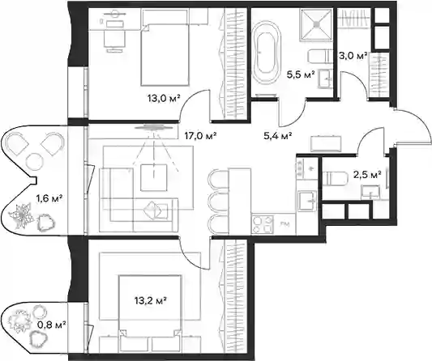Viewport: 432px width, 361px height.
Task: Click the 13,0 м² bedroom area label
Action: (x=164, y=98)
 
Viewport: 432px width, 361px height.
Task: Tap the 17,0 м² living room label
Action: (x=200, y=135)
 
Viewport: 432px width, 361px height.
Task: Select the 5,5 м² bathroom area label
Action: (x=301, y=74)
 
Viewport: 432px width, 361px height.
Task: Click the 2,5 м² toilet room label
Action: (x=368, y=174)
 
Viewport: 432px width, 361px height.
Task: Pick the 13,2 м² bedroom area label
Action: (x=151, y=300)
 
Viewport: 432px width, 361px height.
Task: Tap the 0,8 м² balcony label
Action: (x=52, y=325)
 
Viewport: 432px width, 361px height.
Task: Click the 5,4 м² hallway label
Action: (x=278, y=135)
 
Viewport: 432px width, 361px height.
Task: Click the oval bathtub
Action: (x=267, y=53)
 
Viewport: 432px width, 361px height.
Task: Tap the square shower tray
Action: (x=317, y=25)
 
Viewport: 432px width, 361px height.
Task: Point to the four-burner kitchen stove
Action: (x=263, y=224)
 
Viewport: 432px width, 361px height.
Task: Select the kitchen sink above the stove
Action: (x=306, y=201)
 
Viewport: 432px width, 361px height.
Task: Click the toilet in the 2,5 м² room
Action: (x=337, y=179)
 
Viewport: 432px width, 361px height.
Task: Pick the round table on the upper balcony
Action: (x=35, y=162)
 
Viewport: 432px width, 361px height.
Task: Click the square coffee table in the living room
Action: (x=154, y=177)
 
